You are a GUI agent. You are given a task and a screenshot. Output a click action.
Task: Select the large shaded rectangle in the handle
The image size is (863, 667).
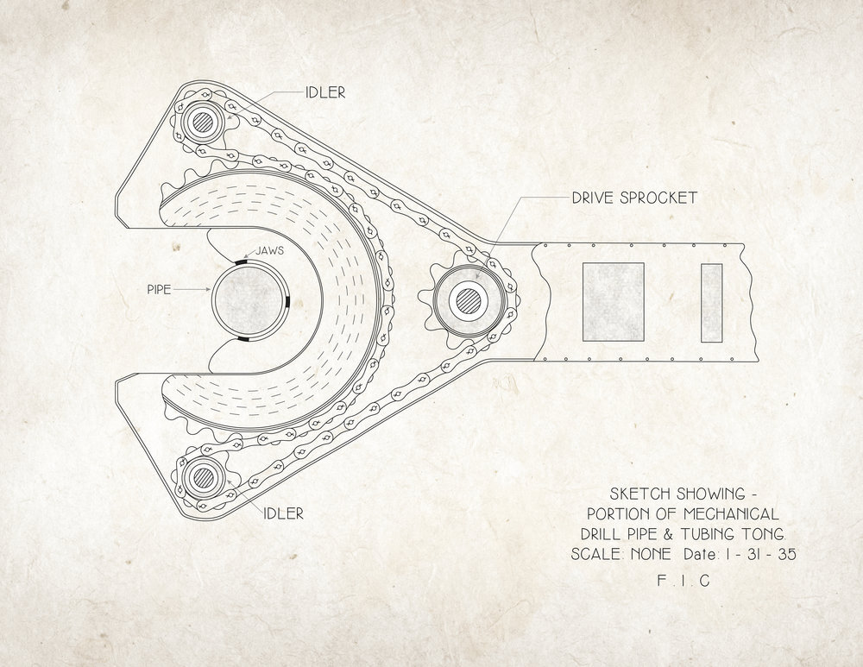[x=613, y=300]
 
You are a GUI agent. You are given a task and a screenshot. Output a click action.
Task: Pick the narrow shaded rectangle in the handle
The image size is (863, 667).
[x=711, y=300]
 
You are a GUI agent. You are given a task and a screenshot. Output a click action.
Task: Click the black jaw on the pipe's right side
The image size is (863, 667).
[x=287, y=299]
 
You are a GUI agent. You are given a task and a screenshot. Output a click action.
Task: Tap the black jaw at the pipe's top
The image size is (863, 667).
[x=242, y=258]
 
